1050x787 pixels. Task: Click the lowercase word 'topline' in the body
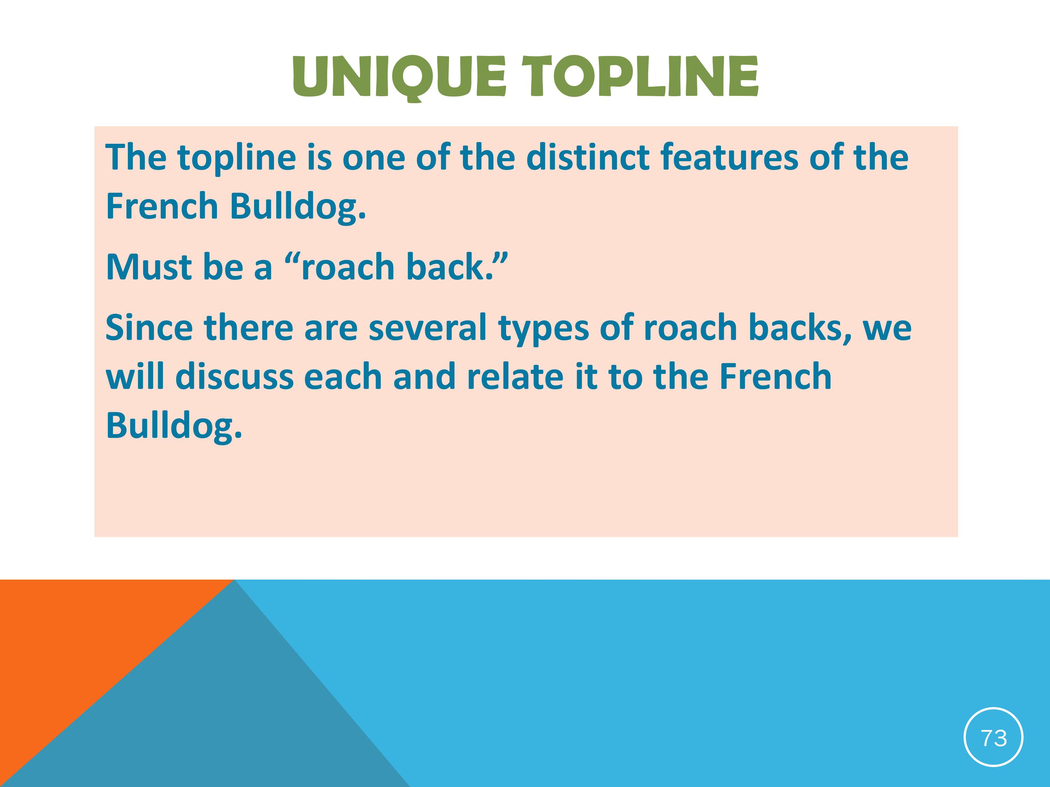237,158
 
